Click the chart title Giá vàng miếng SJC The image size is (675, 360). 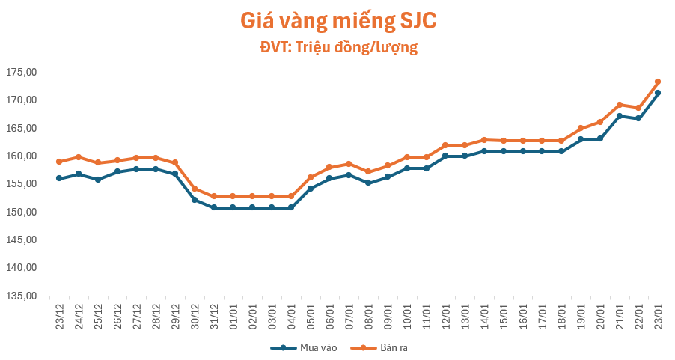337,21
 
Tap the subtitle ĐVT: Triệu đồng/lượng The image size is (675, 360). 337,48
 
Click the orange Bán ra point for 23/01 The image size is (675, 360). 658,82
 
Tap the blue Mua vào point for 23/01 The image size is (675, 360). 658,93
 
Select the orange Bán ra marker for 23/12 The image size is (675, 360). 59,162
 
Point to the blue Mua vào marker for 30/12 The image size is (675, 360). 195,200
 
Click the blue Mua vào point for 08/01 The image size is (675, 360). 368,183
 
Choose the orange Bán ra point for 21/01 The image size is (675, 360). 620,105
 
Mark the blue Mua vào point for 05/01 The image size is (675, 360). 311,189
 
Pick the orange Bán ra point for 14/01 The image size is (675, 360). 484,140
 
